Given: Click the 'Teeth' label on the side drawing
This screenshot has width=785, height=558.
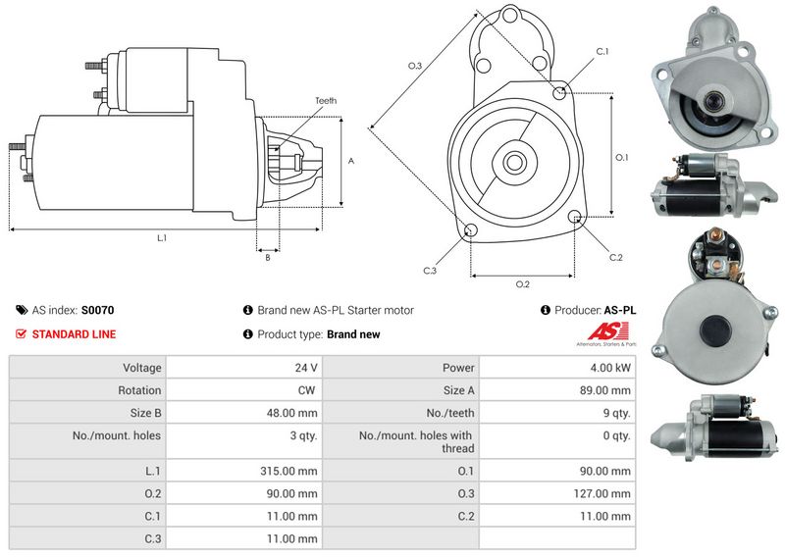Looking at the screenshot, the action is (x=326, y=101).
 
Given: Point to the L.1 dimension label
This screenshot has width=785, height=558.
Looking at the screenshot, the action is (x=162, y=238).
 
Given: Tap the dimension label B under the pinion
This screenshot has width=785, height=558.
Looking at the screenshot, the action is (x=268, y=257).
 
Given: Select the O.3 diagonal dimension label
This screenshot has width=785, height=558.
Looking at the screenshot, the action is (x=415, y=66).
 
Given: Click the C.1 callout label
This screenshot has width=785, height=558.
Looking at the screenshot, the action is (x=602, y=52).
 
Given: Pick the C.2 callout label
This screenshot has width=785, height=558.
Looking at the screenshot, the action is (x=616, y=257).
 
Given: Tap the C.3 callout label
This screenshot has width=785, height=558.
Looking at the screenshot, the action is (x=430, y=271).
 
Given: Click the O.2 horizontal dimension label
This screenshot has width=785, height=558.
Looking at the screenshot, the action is (x=523, y=284).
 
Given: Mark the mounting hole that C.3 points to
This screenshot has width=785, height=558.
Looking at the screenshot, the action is (x=470, y=230).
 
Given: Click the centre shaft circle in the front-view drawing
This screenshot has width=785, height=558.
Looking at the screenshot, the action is (x=513, y=162).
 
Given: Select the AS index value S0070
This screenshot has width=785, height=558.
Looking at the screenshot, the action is (x=97, y=310).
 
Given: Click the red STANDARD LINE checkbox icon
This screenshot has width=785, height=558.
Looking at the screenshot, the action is (x=21, y=333).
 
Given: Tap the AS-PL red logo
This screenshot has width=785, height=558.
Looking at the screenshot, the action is (x=607, y=332).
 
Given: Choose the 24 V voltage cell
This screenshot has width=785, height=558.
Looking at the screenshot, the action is (x=244, y=368).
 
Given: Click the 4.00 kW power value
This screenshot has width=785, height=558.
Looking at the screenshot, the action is (x=610, y=368).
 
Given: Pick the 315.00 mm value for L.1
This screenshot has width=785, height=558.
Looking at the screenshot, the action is (x=288, y=471).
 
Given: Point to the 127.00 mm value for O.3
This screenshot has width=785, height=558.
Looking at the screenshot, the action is (x=602, y=493).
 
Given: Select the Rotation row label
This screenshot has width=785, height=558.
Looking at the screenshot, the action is (x=139, y=390).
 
